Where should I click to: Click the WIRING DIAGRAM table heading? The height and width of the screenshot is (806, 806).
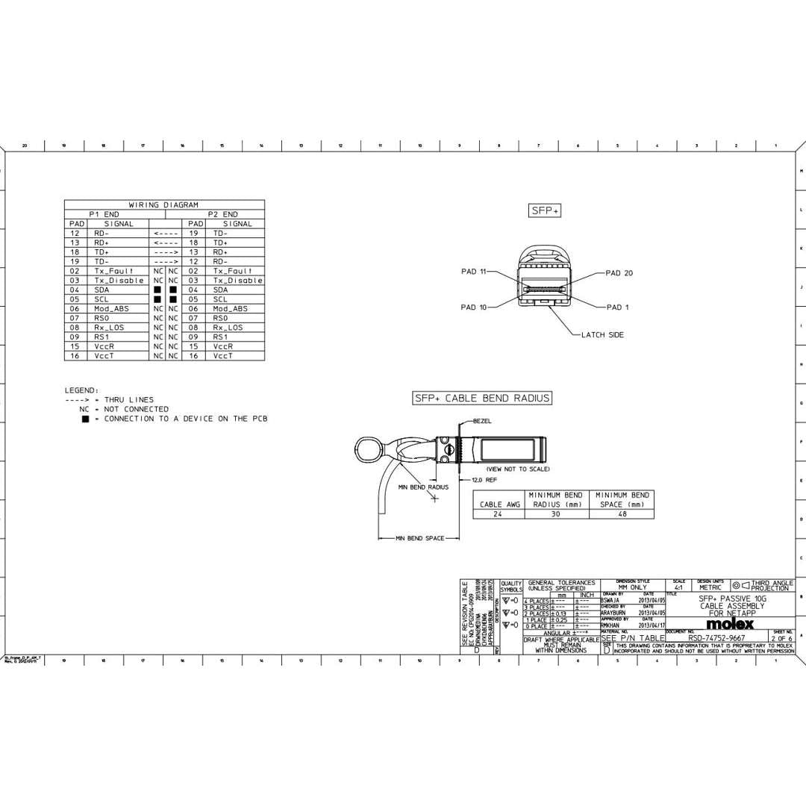pyautogui.click(x=163, y=204)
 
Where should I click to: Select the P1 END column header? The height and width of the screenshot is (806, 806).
pyautogui.click(x=104, y=214)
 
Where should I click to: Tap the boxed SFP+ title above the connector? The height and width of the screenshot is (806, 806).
pyautogui.click(x=545, y=211)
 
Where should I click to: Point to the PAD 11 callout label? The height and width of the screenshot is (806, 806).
pyautogui.click(x=473, y=272)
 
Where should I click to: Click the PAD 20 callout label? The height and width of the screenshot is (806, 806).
pyautogui.click(x=619, y=273)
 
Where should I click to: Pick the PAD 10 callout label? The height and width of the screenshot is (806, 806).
pyautogui.click(x=473, y=307)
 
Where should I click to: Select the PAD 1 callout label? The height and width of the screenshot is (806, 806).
pyautogui.click(x=617, y=307)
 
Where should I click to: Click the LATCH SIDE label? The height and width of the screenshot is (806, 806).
pyautogui.click(x=602, y=335)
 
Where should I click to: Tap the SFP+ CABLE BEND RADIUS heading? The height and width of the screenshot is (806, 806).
pyautogui.click(x=482, y=399)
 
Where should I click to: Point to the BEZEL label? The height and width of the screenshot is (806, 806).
pyautogui.click(x=482, y=421)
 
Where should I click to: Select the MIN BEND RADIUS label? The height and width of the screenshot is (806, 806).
pyautogui.click(x=423, y=487)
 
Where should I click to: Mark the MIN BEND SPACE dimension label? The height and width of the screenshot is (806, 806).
pyautogui.click(x=419, y=538)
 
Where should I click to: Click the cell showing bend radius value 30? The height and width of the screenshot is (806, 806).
pyautogui.click(x=555, y=513)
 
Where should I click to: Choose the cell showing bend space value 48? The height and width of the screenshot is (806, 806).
pyautogui.click(x=622, y=513)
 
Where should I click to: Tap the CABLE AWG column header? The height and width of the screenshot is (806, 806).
pyautogui.click(x=500, y=504)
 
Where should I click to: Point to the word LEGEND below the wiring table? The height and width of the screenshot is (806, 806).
pyautogui.click(x=81, y=390)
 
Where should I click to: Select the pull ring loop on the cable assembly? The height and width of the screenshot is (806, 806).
pyautogui.click(x=368, y=449)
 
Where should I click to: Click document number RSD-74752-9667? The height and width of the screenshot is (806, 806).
pyautogui.click(x=716, y=638)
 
